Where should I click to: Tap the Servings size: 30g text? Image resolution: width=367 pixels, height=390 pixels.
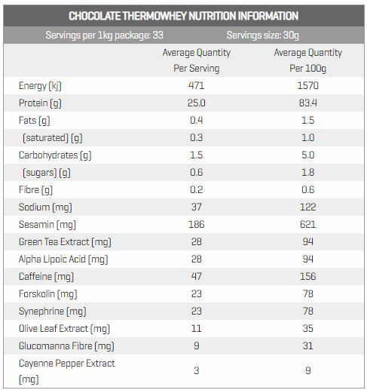[x=262, y=35]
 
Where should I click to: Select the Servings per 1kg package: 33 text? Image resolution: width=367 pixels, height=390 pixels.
[x=104, y=35]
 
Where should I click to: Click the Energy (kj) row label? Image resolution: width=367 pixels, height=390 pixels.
[x=40, y=86]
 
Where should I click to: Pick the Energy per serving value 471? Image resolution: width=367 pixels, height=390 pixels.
[x=197, y=85]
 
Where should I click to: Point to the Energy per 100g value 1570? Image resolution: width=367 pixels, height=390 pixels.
[x=307, y=85]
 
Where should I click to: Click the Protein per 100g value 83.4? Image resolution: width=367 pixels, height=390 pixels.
[x=307, y=103]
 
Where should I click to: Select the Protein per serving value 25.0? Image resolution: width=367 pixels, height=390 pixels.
[x=197, y=103]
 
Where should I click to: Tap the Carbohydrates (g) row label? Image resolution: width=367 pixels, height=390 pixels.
[x=55, y=155]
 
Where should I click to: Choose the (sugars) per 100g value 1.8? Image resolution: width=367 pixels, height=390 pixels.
[x=307, y=172]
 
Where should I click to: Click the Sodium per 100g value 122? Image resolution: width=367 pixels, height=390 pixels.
[x=307, y=207]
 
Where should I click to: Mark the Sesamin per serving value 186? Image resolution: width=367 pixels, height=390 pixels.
[x=197, y=224]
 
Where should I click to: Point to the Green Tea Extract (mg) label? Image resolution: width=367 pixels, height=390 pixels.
[x=65, y=242]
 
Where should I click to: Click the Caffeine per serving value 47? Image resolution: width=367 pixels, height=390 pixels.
[x=197, y=276]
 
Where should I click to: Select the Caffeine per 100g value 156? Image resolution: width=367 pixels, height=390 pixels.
[x=307, y=276]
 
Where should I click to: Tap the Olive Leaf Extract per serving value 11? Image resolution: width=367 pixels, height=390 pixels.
[x=197, y=328]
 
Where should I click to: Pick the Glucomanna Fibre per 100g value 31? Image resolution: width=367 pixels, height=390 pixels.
[x=307, y=345]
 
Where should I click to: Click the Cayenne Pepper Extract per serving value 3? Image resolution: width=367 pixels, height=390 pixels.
[x=197, y=370]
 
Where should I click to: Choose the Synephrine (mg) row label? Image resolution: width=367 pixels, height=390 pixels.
[x=53, y=312]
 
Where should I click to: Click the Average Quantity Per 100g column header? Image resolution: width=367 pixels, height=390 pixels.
[x=307, y=60]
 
